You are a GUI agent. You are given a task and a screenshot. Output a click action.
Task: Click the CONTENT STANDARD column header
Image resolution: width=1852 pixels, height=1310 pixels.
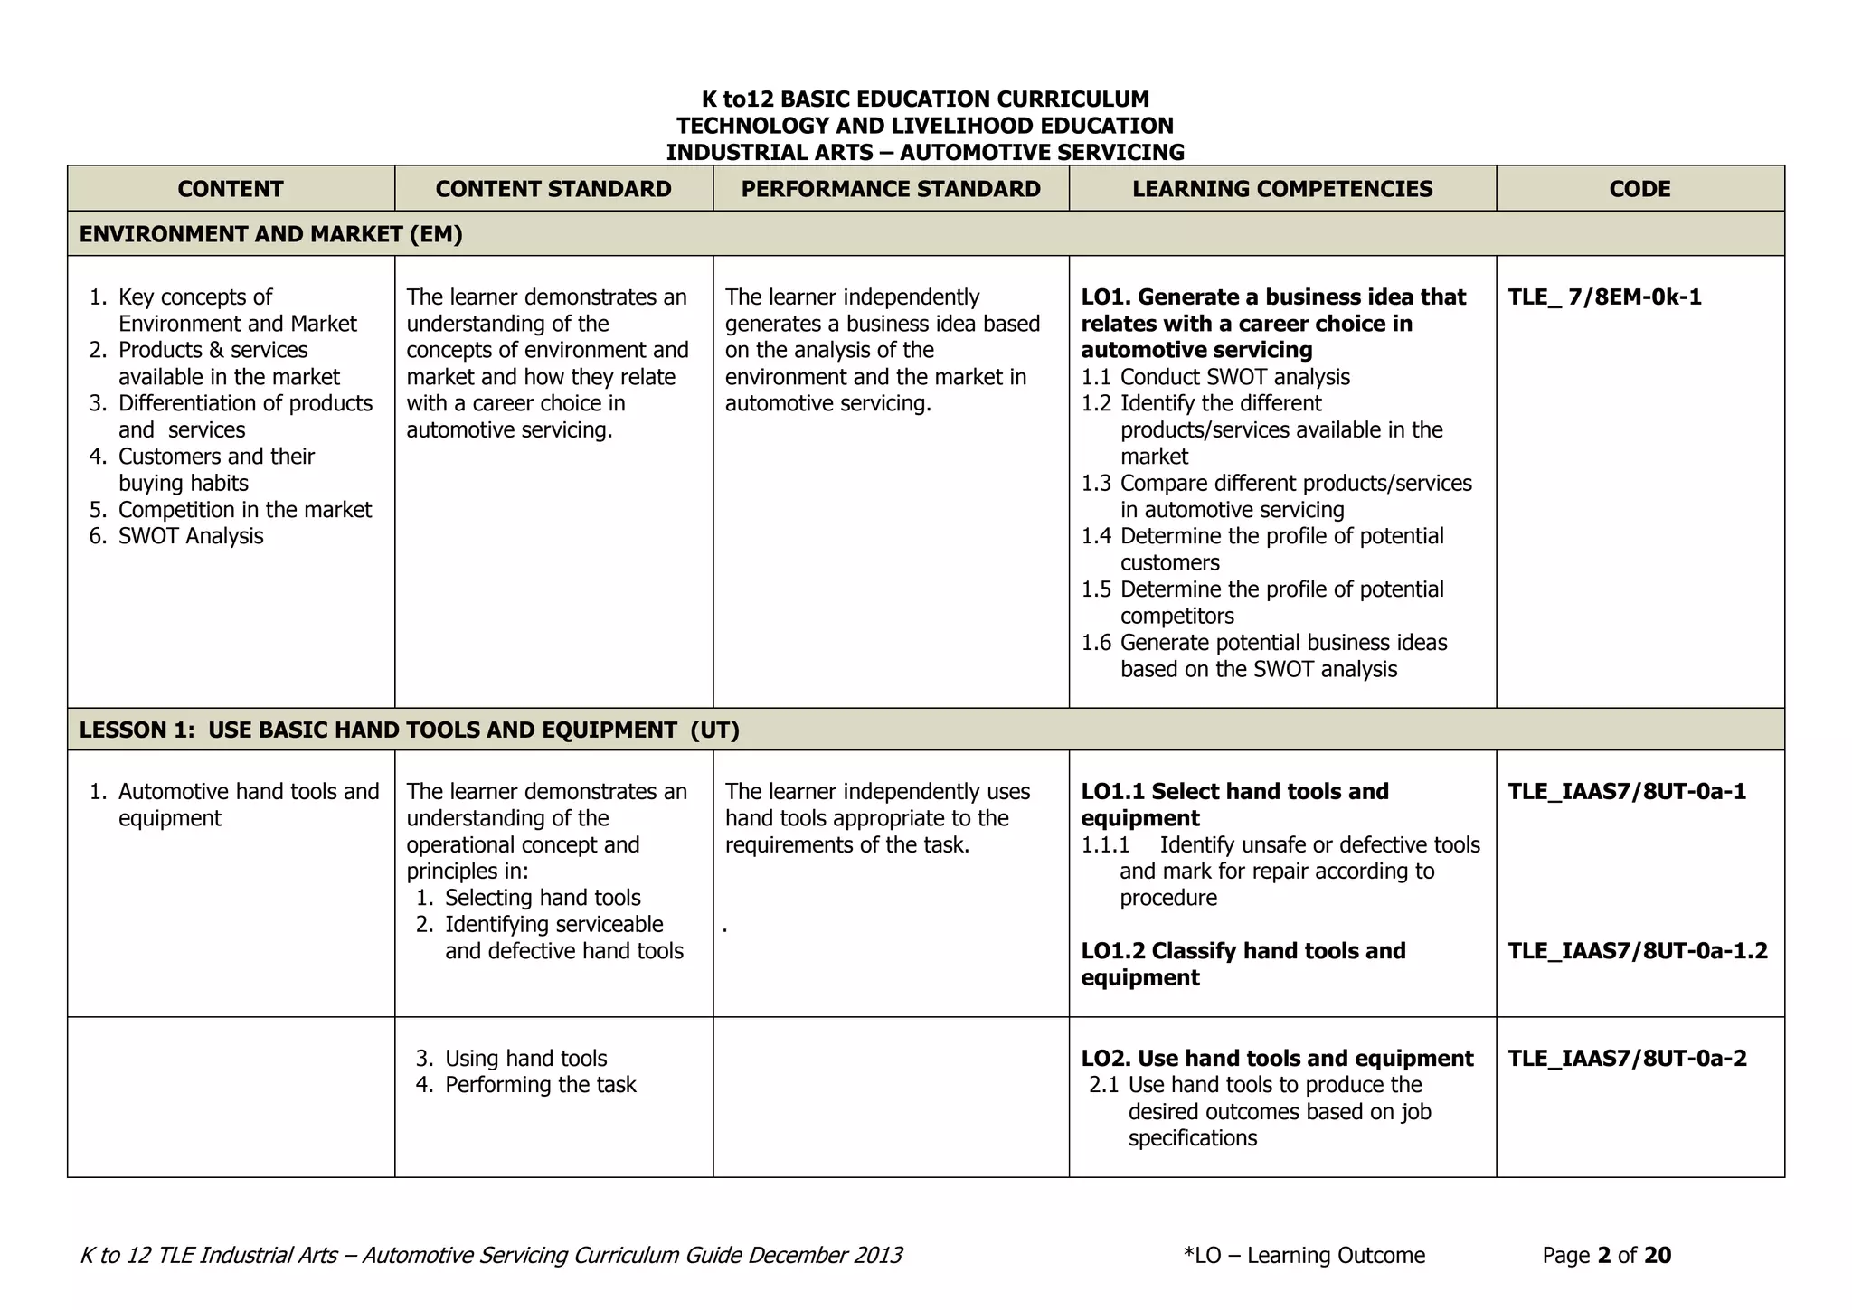553,189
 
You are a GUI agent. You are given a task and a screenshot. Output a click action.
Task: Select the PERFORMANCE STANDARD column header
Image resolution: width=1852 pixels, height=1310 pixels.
891,189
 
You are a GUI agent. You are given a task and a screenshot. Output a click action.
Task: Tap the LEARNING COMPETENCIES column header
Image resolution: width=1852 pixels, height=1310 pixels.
1282,189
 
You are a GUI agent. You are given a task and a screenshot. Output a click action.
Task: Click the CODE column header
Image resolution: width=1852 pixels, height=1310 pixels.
1639,189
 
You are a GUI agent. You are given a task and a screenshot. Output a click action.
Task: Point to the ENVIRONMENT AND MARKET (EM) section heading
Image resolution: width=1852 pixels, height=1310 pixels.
271,234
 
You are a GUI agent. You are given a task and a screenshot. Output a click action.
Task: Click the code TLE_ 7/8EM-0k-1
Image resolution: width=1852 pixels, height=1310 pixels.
1604,297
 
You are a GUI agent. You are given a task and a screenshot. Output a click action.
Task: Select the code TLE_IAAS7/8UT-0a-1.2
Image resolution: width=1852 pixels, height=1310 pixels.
1638,951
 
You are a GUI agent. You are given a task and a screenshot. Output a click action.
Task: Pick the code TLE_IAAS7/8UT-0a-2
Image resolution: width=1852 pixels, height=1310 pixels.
1627,1058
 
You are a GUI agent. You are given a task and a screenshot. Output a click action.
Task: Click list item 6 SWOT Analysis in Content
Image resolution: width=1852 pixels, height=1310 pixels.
190,536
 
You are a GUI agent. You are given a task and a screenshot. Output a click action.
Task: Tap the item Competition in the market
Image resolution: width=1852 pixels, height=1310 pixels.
244,510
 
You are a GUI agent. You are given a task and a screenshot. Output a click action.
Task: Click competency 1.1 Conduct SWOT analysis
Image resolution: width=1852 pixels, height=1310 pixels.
1215,377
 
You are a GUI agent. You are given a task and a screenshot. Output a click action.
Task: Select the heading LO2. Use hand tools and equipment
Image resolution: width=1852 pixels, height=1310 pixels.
1277,1058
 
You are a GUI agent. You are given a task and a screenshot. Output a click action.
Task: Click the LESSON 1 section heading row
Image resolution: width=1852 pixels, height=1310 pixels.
409,730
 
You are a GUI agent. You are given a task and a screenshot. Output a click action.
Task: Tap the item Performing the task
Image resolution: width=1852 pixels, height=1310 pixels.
540,1085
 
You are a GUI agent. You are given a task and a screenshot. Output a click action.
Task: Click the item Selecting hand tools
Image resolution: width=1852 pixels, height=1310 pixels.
542,898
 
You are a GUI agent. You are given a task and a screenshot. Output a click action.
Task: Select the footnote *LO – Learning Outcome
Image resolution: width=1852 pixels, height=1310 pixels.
1303,1255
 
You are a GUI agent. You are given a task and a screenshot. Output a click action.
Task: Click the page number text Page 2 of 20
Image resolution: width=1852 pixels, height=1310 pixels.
1606,1255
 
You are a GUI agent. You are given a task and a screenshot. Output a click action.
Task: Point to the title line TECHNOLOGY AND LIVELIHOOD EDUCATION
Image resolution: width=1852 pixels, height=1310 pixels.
925,126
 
